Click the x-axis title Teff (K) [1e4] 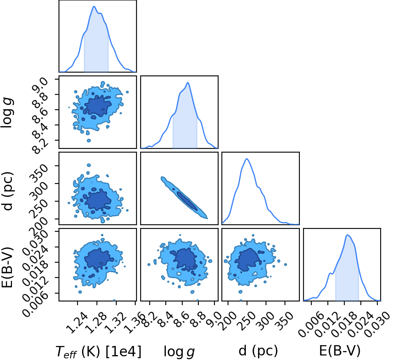[x=99, y=351]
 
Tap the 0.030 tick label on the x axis [x=377, y=325]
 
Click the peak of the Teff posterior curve [x=94, y=6]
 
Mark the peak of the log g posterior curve [x=188, y=83]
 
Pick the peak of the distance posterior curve [x=247, y=159]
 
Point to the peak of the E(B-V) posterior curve [x=347, y=235]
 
